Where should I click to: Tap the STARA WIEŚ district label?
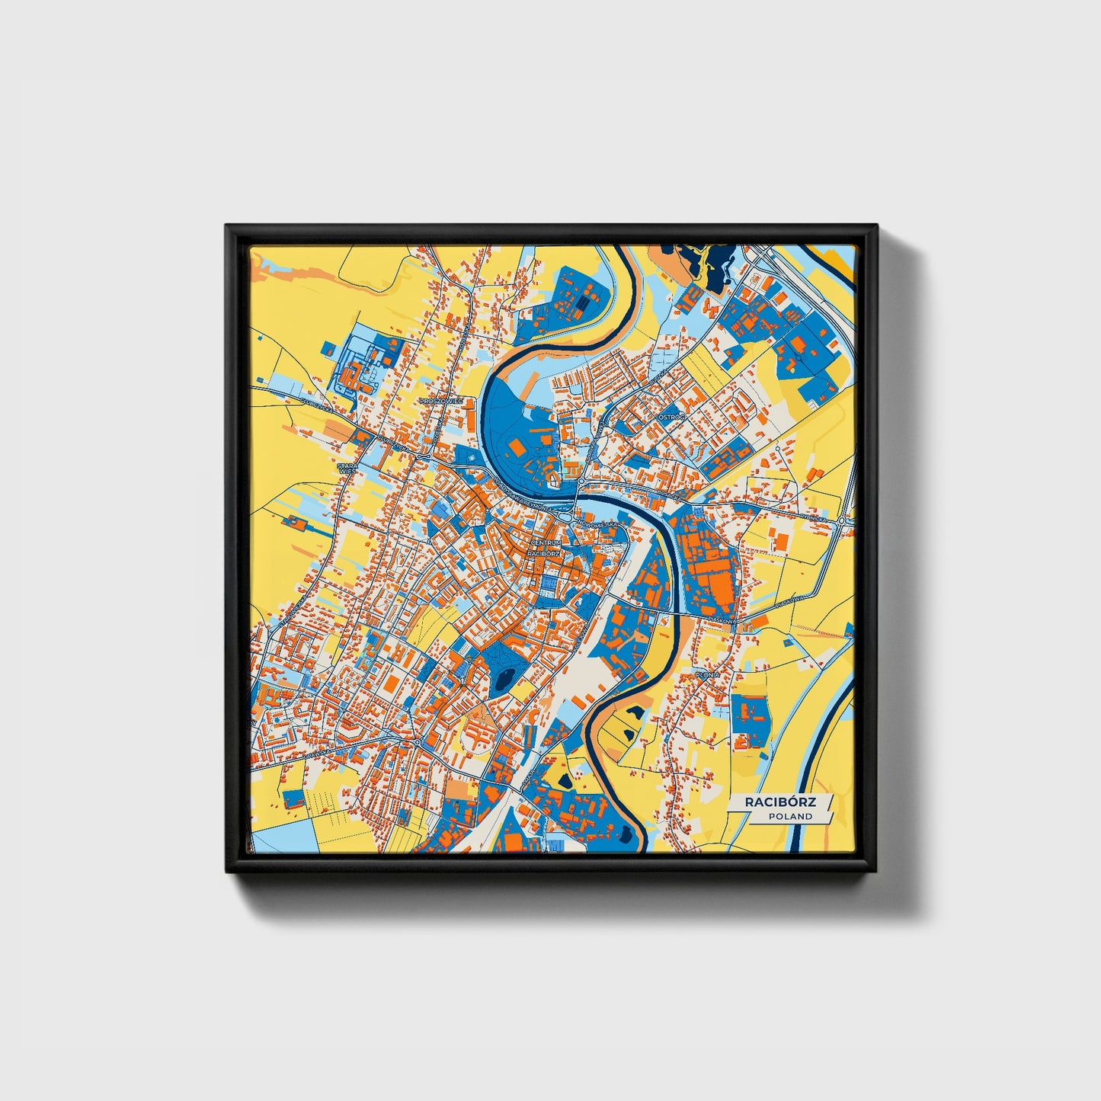347,468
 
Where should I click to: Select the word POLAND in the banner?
790,816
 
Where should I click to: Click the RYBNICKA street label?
814,519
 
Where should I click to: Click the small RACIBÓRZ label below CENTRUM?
543,554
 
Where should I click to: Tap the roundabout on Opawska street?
418,741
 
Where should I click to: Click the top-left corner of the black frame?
227,226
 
